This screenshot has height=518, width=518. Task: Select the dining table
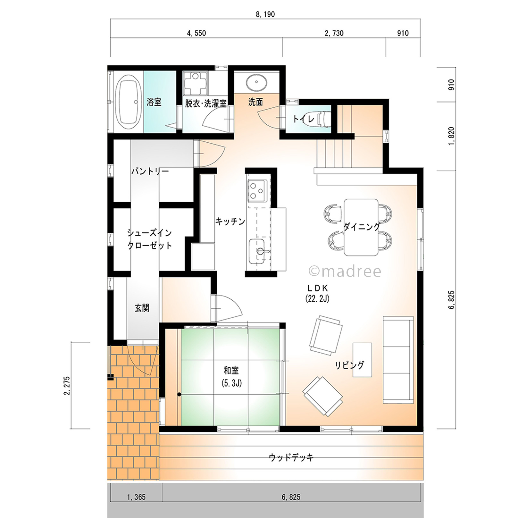coord(361,227)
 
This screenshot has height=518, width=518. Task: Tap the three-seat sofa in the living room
coord(398,359)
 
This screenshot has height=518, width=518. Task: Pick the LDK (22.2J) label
coord(317,293)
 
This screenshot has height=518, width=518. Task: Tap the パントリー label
coord(150,171)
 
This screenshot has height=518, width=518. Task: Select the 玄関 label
coord(142,308)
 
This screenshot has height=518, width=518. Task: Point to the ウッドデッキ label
coord(291,457)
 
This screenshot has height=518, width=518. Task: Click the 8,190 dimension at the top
coord(265,14)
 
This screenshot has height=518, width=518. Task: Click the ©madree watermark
coord(345,272)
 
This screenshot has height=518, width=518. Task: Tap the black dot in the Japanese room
coord(179,394)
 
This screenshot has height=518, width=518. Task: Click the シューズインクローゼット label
coord(150,239)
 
